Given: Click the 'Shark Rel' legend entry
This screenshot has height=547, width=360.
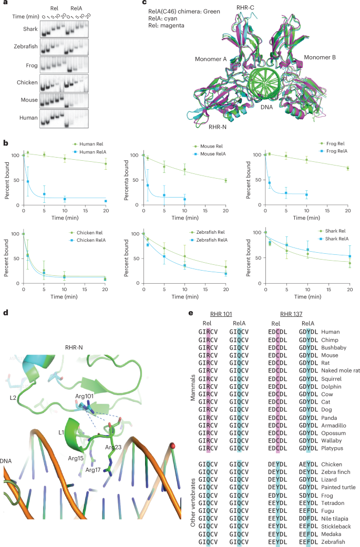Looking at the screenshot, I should click(x=330, y=230).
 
